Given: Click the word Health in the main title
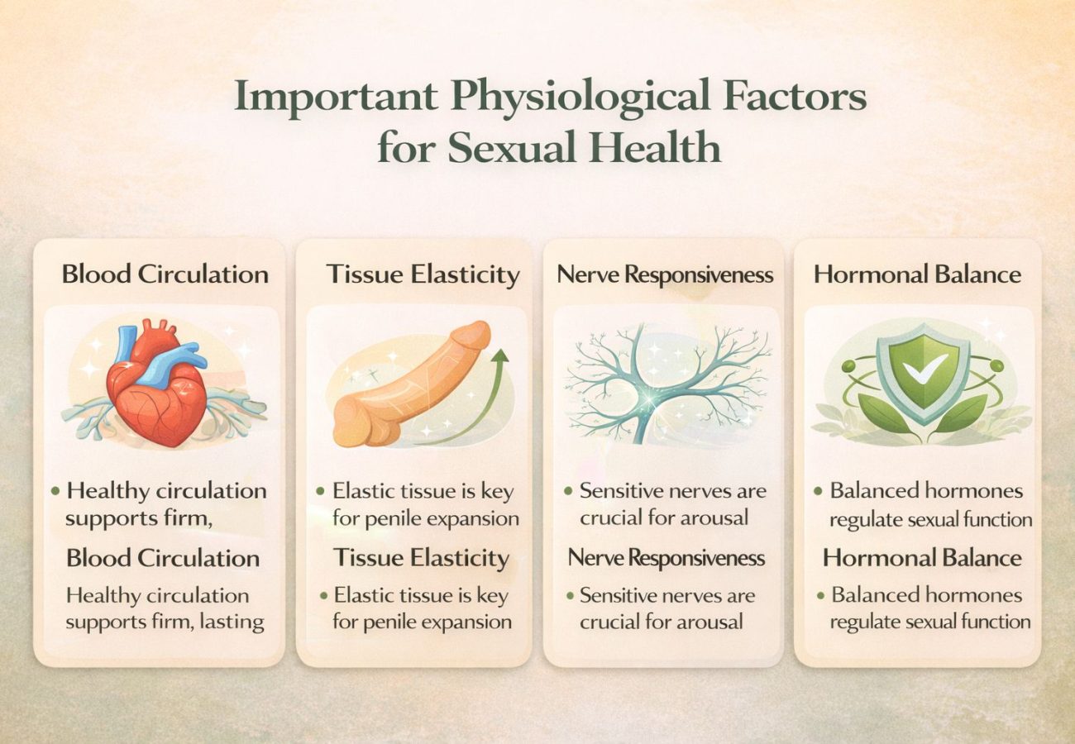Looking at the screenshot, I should tap(656, 148).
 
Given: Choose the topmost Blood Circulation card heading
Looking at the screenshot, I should tap(165, 274).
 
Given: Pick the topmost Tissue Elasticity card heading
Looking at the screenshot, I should tap(423, 274).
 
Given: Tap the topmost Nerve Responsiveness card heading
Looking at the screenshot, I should tap(665, 274).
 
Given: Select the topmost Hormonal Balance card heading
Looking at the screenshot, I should tap(917, 274).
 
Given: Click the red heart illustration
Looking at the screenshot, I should tap(156, 389).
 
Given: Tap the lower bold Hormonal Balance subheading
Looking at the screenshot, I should tap(921, 558).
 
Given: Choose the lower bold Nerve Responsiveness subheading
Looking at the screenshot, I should tap(666, 558).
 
